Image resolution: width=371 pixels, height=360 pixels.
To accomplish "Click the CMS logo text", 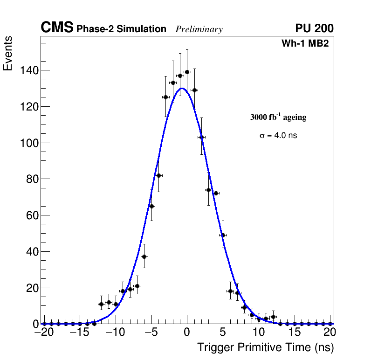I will [x=57, y=28].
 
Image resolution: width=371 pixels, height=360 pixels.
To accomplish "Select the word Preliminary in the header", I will [x=199, y=29].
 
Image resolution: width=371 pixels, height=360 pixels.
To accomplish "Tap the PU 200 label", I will [x=314, y=28].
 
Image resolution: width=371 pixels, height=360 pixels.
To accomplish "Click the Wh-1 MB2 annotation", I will [x=305, y=44].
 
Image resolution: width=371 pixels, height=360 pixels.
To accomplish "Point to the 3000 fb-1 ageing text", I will [x=278, y=117].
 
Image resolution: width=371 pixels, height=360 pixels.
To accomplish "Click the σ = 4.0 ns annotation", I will [x=278, y=136].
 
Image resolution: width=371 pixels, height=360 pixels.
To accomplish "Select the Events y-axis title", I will [x=8, y=54].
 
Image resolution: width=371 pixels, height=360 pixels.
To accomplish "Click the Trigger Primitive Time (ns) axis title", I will [x=265, y=347].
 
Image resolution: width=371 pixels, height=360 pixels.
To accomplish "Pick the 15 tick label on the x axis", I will [x=295, y=332].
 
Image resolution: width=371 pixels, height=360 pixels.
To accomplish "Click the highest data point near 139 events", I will [x=187, y=72].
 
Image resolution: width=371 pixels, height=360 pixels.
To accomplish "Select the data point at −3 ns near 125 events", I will [x=165, y=97].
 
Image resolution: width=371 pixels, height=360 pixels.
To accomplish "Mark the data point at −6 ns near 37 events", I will [x=144, y=256].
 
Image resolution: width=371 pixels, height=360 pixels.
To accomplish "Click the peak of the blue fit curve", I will [x=182, y=88].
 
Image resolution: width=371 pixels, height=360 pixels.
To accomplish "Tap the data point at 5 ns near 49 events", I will [x=223, y=235].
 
